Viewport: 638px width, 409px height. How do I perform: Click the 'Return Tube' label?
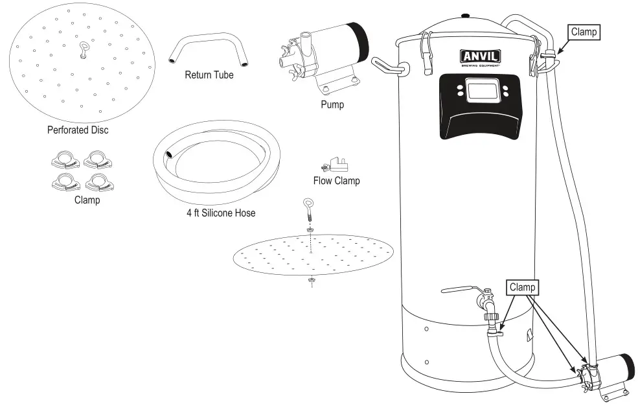[209, 75]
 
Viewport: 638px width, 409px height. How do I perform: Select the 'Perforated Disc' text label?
[78, 130]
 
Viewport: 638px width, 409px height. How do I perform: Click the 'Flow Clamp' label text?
[336, 181]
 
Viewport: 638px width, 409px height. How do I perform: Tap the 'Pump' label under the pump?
[332, 104]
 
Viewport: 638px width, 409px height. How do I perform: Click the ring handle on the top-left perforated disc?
[84, 49]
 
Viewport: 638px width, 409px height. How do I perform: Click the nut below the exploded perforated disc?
[311, 280]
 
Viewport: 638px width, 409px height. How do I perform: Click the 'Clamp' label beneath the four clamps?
[87, 200]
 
